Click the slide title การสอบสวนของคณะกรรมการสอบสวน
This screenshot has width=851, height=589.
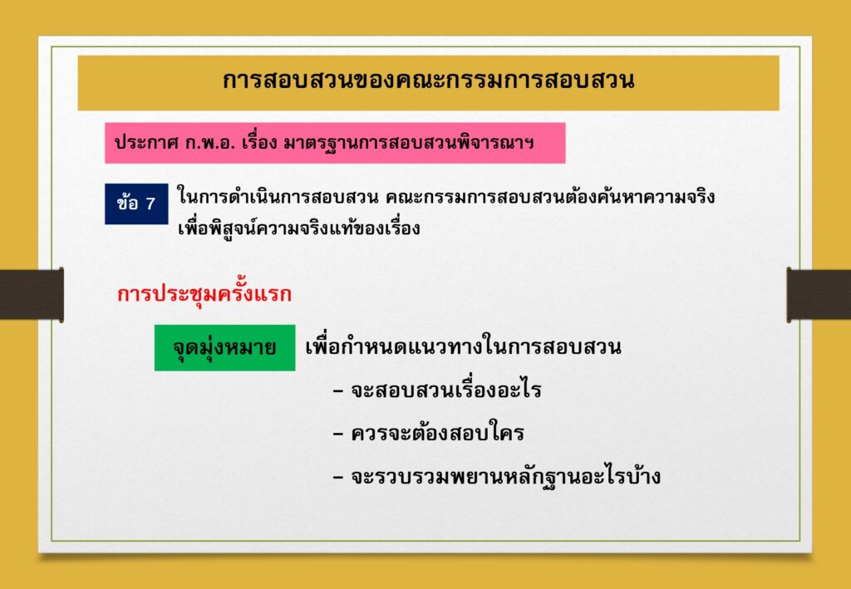428,81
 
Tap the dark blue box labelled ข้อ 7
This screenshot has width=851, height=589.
136,204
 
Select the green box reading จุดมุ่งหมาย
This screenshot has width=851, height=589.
224,347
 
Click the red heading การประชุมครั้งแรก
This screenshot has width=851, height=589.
204,294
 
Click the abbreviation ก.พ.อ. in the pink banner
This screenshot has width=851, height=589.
201,143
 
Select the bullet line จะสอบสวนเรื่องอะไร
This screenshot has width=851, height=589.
437,390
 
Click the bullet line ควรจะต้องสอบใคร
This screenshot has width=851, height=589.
429,434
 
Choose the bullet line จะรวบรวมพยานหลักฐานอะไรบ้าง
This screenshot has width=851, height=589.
497,478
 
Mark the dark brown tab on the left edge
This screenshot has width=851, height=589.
32,294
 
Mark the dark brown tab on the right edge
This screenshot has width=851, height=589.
819,294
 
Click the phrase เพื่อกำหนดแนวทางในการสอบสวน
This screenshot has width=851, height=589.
464,347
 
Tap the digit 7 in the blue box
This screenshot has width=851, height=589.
150,204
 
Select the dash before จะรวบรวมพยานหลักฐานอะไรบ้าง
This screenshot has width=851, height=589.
339,479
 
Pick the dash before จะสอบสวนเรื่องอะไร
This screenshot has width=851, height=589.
339,391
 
